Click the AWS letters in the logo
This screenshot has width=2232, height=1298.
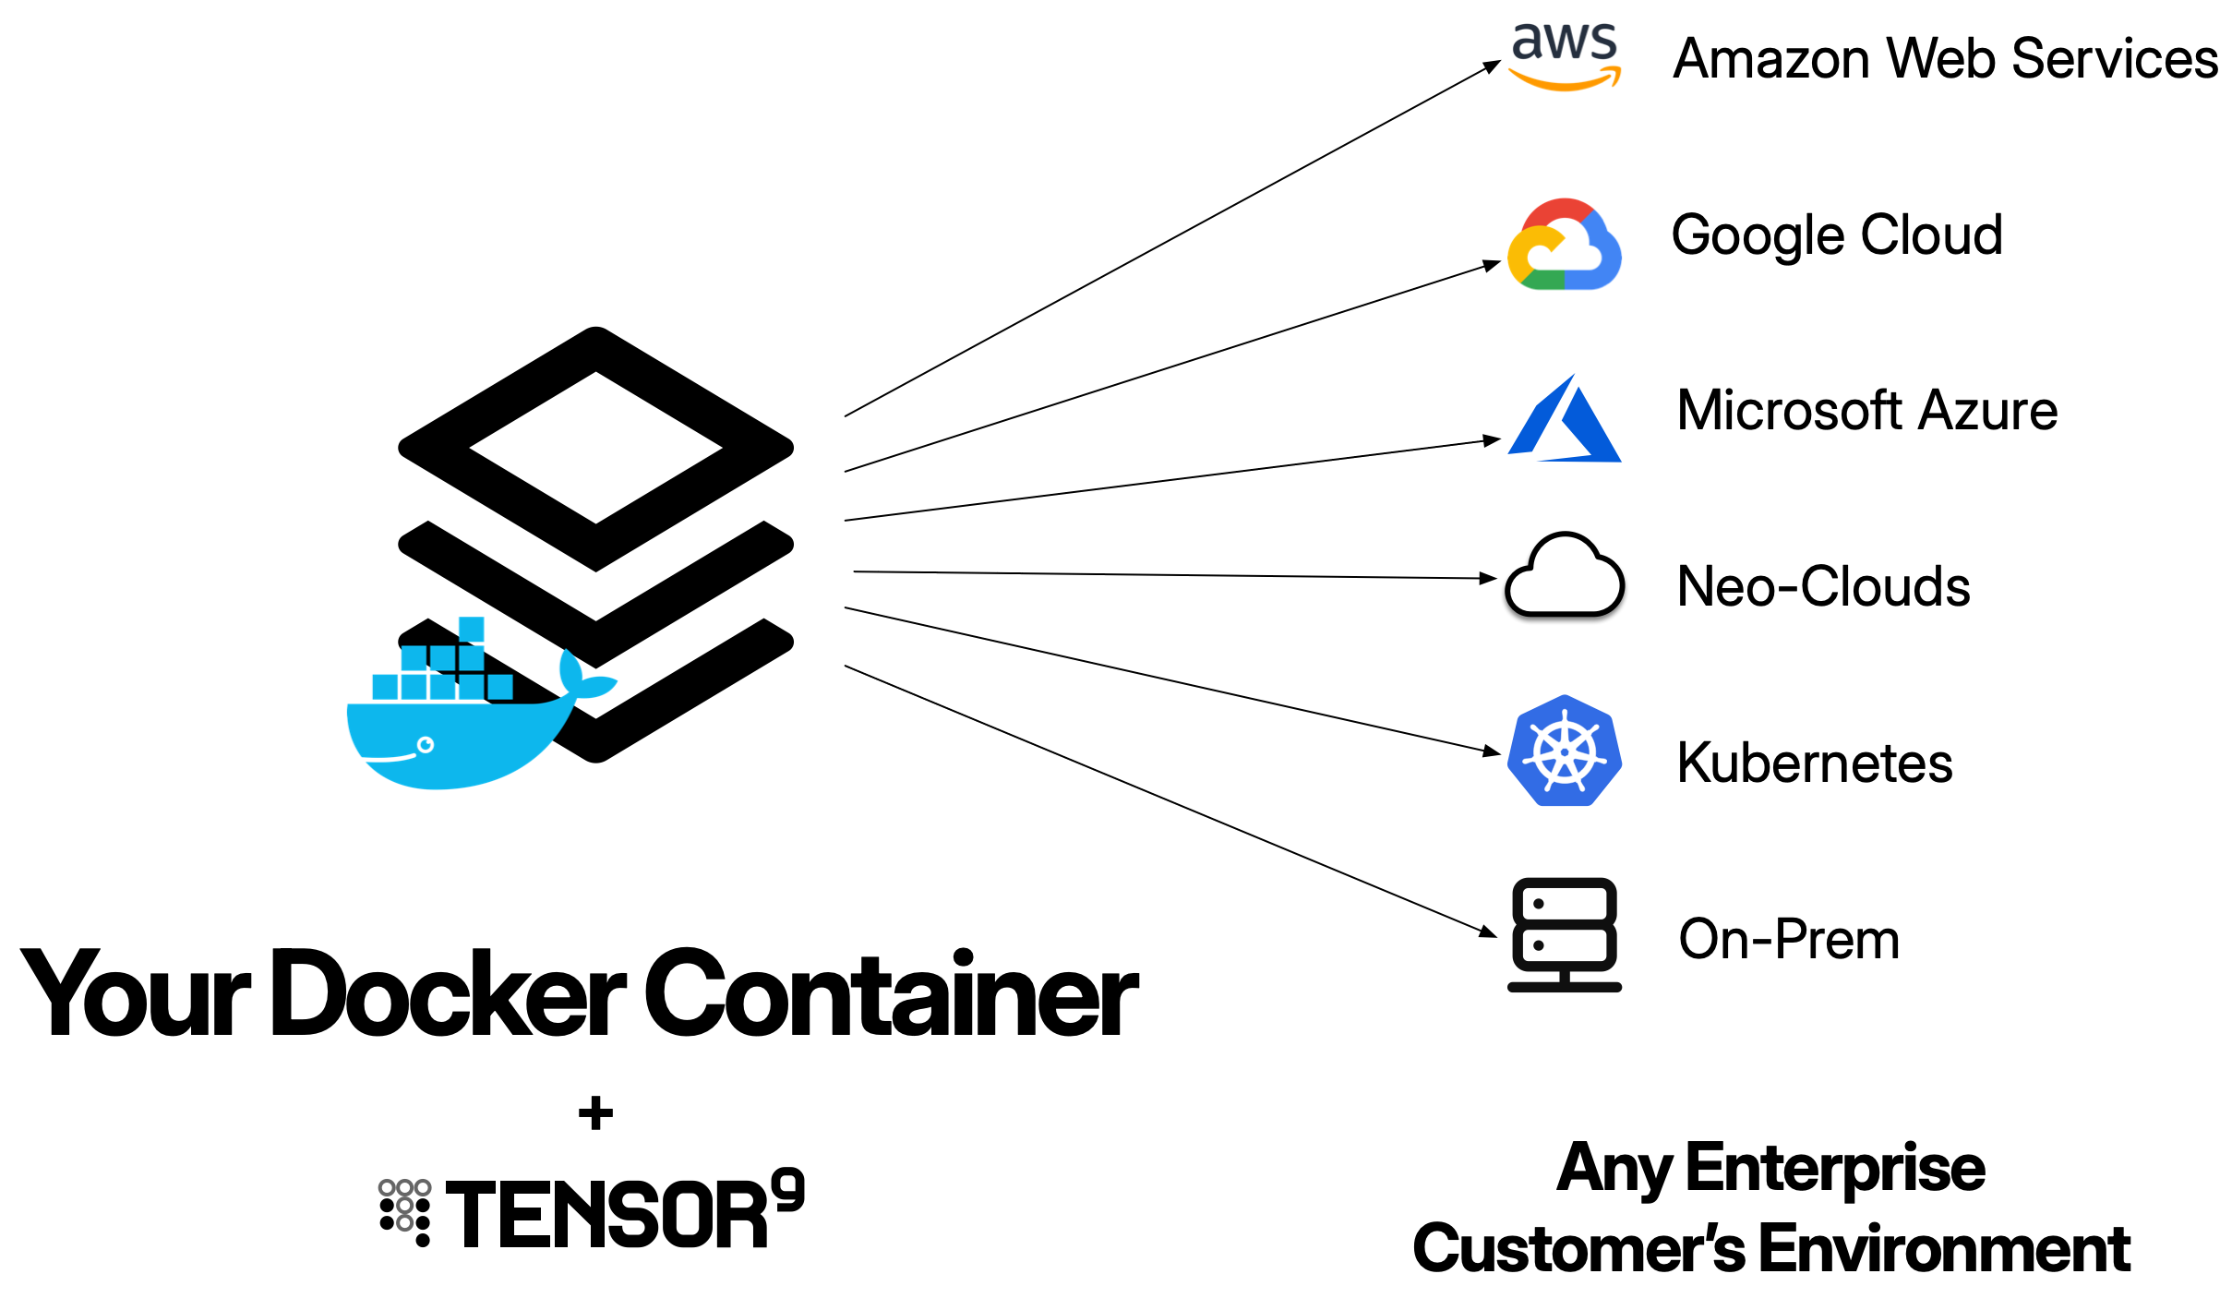(1564, 42)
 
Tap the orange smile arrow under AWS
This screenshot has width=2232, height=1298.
(1564, 82)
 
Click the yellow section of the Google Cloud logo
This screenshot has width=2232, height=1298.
(1519, 254)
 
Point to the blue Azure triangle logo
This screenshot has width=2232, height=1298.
(1565, 420)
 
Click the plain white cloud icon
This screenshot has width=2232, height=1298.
(1565, 577)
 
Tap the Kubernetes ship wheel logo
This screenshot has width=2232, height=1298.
(1565, 751)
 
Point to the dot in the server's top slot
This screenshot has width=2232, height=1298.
(1539, 904)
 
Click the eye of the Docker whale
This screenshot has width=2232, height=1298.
(426, 745)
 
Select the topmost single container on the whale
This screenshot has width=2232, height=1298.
(471, 630)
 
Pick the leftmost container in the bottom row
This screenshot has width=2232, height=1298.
(385, 687)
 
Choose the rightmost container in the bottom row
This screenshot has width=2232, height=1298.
(500, 687)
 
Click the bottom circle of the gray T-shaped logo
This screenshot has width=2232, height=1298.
(404, 1223)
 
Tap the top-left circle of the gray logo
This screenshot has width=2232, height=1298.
(387, 1187)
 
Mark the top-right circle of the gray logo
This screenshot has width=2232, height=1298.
(423, 1187)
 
